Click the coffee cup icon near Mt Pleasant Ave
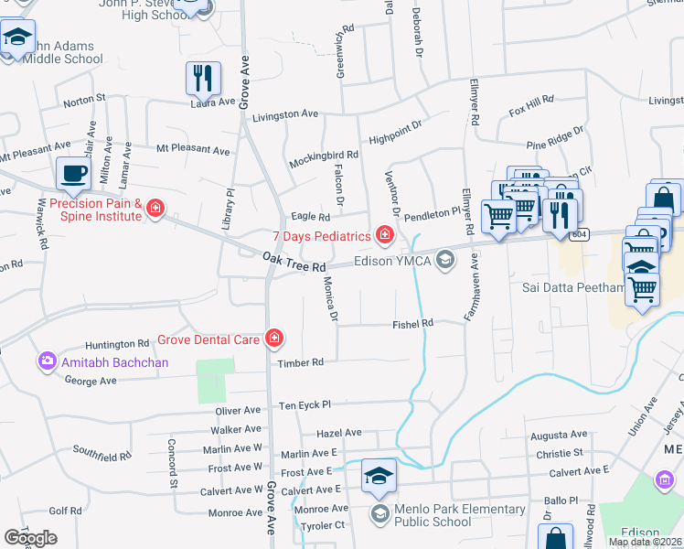73,173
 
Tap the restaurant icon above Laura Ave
202,78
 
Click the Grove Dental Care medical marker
273,339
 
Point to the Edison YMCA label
392,261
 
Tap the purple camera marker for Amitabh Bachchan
47,362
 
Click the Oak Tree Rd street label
294,262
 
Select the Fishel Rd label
412,324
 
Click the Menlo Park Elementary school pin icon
379,476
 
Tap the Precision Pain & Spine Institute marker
155,210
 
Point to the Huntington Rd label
116,344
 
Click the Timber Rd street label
301,362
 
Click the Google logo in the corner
30,538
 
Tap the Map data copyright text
645,542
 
